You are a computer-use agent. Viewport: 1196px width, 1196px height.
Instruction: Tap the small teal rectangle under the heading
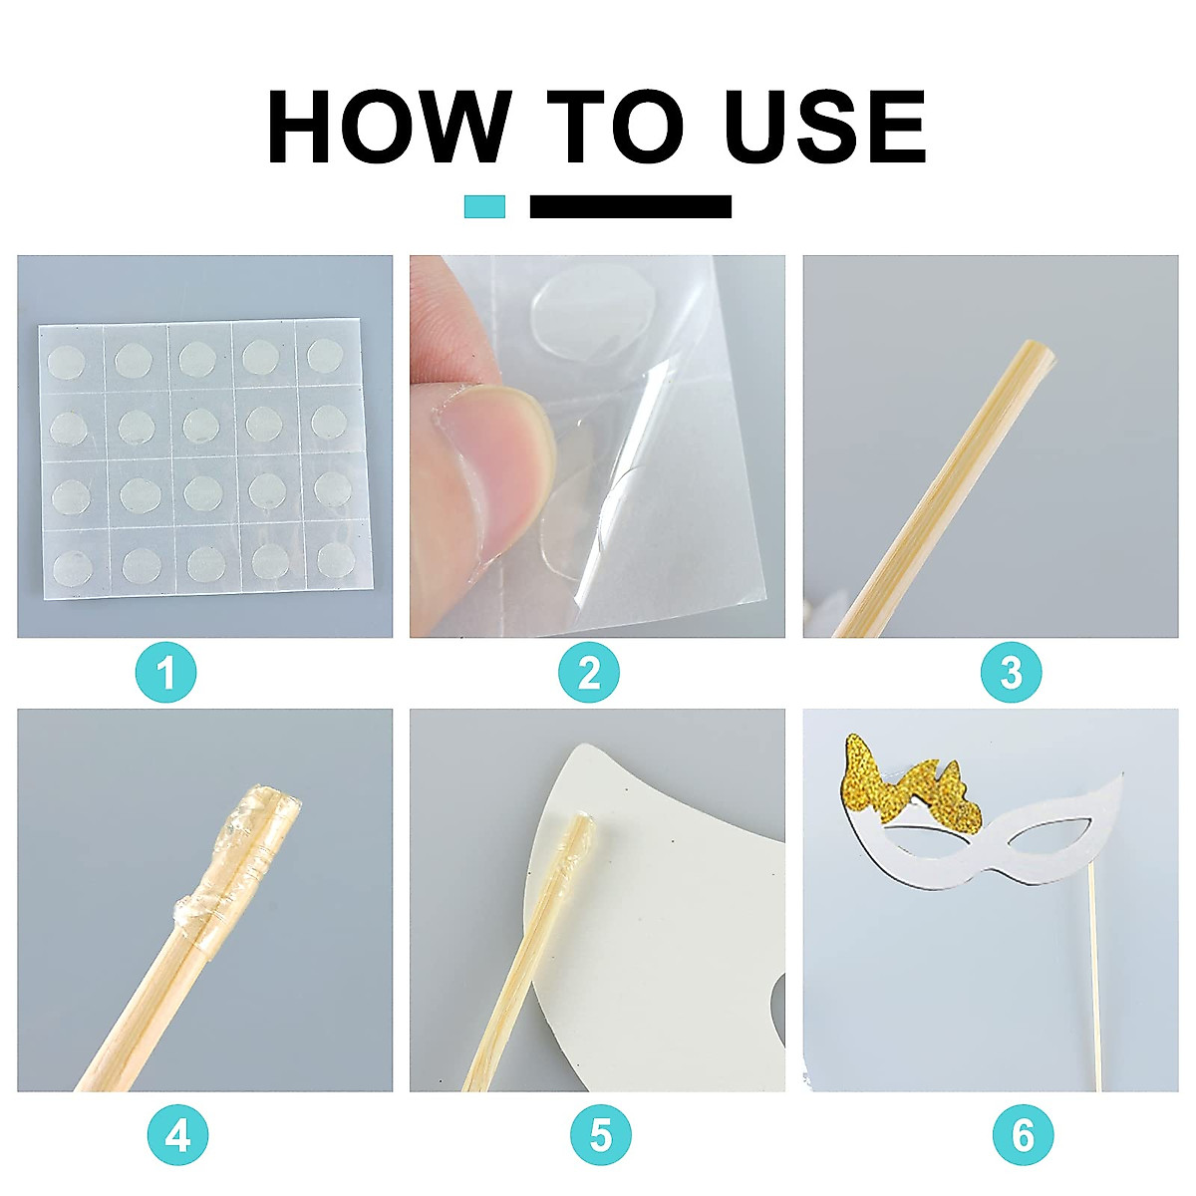(484, 206)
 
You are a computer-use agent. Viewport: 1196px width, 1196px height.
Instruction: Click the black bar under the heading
(631, 206)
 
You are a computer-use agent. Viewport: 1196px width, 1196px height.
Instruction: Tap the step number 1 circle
(165, 673)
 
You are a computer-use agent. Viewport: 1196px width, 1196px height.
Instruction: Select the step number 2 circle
(588, 673)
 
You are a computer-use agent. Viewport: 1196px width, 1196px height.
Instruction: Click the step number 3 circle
(1011, 673)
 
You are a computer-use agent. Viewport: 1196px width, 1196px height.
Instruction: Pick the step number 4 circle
(177, 1134)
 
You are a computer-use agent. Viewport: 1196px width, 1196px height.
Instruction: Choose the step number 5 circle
(600, 1134)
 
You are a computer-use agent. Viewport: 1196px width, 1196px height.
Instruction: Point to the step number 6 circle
(1023, 1134)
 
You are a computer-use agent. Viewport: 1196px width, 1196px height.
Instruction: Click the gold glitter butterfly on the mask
(912, 784)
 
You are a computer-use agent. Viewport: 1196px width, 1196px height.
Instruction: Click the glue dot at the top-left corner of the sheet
(67, 362)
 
